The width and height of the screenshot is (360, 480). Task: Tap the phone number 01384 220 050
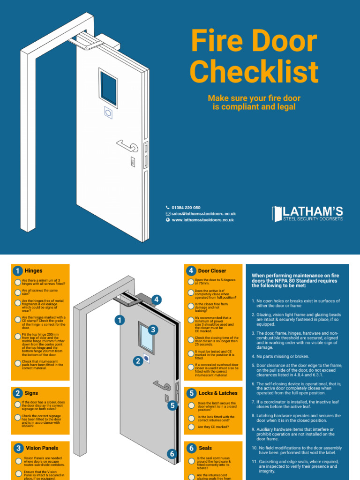click(186, 208)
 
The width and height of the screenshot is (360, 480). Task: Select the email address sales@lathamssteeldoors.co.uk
click(203, 214)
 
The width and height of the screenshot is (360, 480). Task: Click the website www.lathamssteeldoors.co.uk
click(202, 220)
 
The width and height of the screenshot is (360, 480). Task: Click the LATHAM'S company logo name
click(307, 212)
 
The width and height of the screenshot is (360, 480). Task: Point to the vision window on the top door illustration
click(108, 88)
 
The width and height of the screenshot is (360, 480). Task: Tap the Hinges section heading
click(33, 271)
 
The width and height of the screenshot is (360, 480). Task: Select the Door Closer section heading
click(212, 271)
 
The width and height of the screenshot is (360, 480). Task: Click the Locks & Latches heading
click(217, 393)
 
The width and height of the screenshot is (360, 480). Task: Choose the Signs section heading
click(31, 393)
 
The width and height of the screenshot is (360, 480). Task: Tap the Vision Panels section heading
click(42, 448)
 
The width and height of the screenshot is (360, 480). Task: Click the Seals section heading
click(205, 448)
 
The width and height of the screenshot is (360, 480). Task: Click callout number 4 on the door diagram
click(157, 300)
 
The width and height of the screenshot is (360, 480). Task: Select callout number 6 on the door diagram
click(172, 454)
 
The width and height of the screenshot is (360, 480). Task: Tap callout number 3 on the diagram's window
click(153, 330)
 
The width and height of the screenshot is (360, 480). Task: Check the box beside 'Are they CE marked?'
click(191, 427)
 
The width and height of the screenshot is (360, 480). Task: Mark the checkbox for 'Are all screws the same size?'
click(17, 292)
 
